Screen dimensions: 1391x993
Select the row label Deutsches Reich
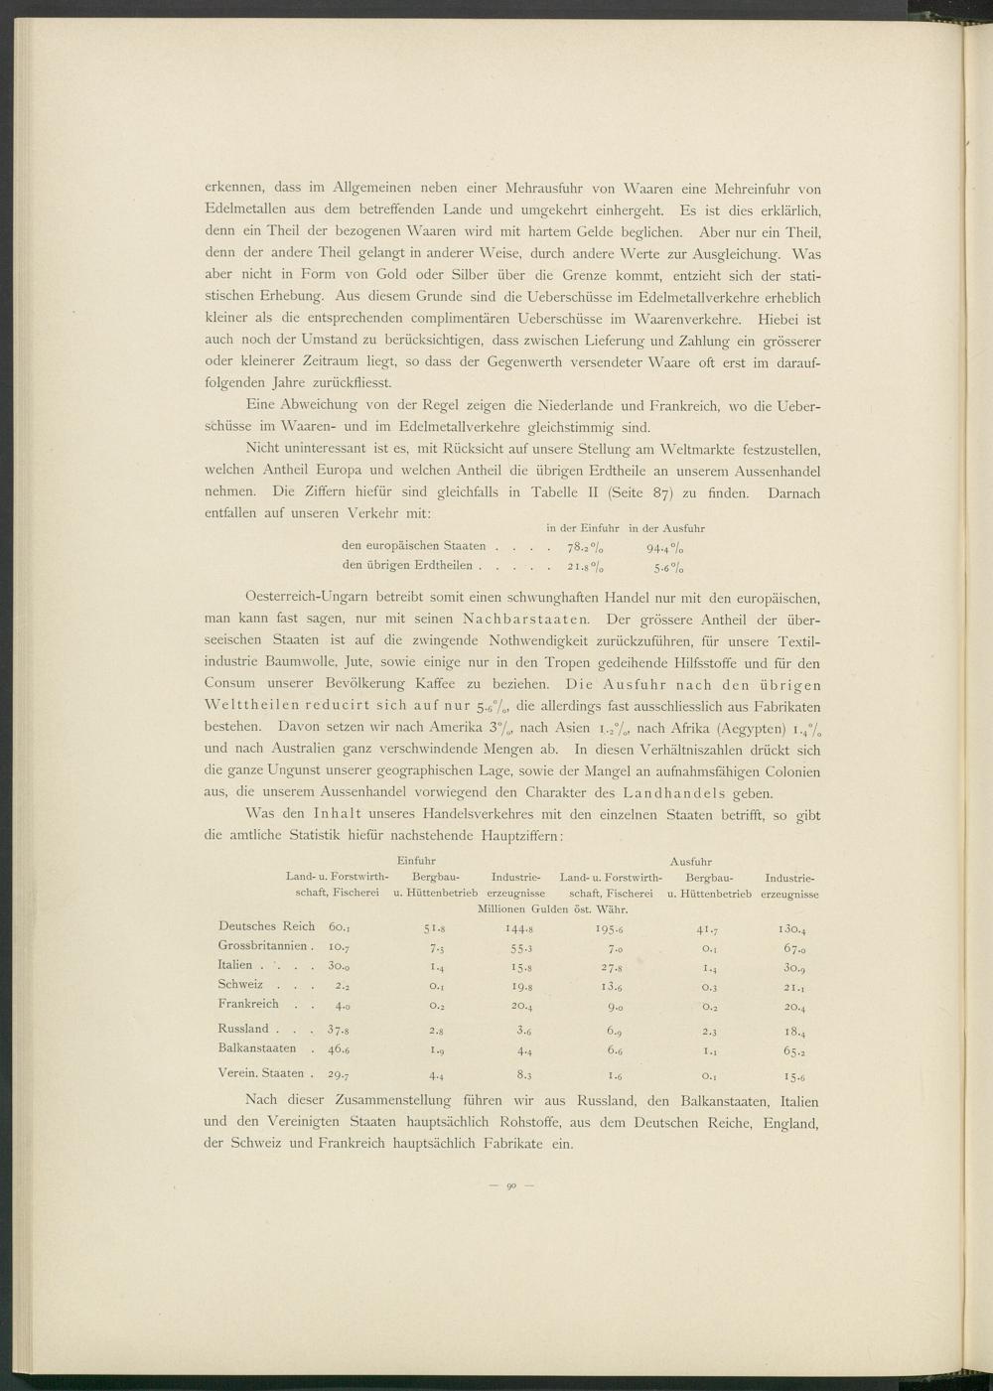[x=266, y=926]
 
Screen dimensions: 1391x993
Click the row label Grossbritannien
[x=264, y=945]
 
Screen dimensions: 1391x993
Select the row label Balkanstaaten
[x=257, y=1047]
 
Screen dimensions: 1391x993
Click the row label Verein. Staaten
[x=263, y=1072]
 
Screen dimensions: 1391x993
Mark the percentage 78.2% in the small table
[x=584, y=547]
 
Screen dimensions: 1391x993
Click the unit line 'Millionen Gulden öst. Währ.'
[x=556, y=908]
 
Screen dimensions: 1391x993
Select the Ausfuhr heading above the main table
[x=690, y=860]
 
